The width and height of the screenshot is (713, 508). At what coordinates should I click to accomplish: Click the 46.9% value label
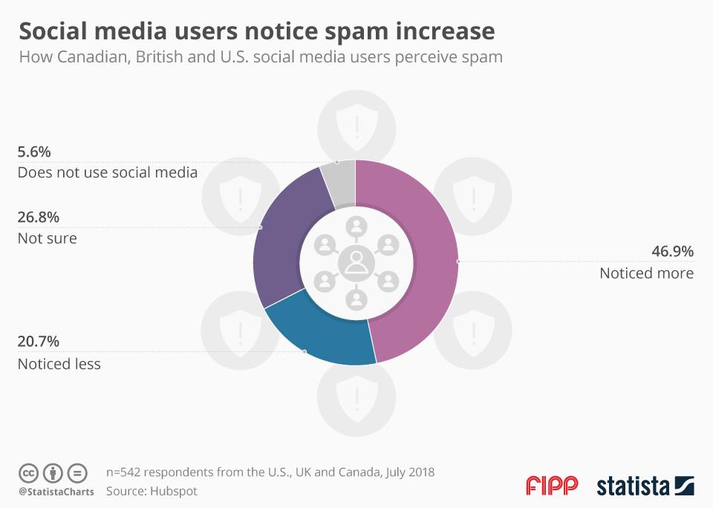pos(672,252)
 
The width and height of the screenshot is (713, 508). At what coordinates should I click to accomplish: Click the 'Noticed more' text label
pos(646,273)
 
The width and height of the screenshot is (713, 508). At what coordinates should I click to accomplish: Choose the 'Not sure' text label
pos(47,238)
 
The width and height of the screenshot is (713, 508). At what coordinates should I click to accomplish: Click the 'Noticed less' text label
pos(59,364)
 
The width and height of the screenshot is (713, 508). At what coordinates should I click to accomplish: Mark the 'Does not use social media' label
pos(107,173)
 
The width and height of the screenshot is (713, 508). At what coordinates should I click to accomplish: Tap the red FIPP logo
pos(551,486)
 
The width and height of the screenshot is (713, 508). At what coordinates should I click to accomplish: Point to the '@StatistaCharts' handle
pos(56,492)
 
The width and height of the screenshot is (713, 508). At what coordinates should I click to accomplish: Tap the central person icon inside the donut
pos(356,261)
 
